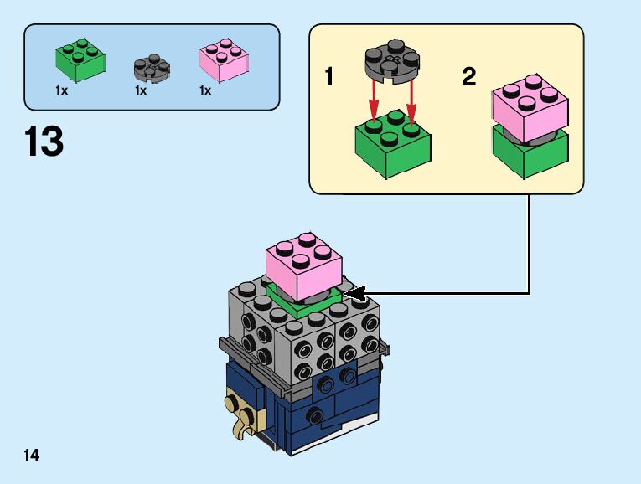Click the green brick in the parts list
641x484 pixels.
[x=80, y=58]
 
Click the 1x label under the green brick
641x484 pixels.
[x=61, y=90]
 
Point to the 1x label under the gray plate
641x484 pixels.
[x=140, y=90]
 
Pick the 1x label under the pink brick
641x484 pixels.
[x=205, y=90]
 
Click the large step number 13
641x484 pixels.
[x=44, y=142]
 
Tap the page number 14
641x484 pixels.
[x=32, y=456]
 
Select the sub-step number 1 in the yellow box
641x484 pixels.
[x=329, y=78]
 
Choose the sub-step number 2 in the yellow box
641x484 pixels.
[x=468, y=78]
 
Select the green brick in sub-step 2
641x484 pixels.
[x=530, y=156]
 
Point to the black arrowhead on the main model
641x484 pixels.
[x=356, y=292]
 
